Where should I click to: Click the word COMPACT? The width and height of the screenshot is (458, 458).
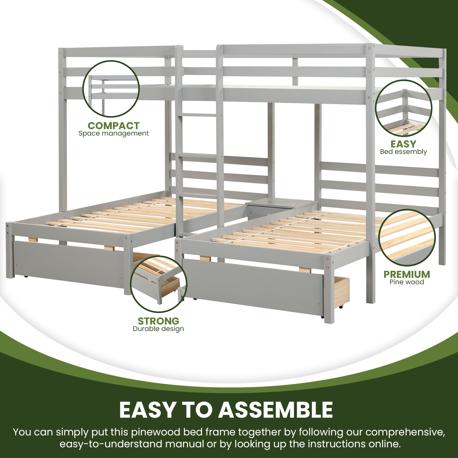pyautogui.click(x=113, y=125)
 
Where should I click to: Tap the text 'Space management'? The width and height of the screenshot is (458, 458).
pyautogui.click(x=113, y=133)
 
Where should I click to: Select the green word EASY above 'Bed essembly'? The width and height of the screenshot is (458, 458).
pyautogui.click(x=403, y=144)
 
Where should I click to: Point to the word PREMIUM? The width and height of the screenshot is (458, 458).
pyautogui.click(x=407, y=274)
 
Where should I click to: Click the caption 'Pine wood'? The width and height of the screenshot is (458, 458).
pyautogui.click(x=407, y=282)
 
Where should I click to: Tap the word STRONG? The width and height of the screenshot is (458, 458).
pyautogui.click(x=158, y=321)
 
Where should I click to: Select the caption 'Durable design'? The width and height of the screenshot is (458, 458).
pyautogui.click(x=158, y=329)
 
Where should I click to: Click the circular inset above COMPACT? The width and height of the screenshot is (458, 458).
pyautogui.click(x=111, y=89)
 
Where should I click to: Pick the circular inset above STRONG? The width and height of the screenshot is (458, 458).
pyautogui.click(x=158, y=284)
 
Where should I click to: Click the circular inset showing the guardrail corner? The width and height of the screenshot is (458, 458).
pyautogui.click(x=403, y=108)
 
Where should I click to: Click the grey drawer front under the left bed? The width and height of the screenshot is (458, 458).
pyautogui.click(x=69, y=263)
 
